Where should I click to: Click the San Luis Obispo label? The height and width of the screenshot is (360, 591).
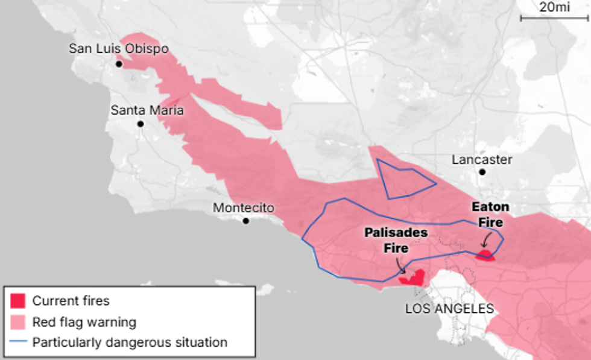119,49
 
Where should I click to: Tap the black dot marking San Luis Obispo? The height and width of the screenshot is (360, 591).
119,63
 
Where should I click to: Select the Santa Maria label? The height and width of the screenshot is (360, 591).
147,110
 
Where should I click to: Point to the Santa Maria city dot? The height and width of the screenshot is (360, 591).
141,124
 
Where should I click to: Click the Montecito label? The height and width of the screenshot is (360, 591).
244,208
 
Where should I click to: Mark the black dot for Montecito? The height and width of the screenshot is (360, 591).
246,221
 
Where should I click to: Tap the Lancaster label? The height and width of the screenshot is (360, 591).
482,160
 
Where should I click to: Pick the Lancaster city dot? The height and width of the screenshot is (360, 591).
482,172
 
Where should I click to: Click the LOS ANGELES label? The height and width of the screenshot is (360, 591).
449,309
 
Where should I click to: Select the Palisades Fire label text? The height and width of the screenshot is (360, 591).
396,240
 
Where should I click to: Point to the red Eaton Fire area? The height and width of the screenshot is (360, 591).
485,256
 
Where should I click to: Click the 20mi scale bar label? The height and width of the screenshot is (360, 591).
554,7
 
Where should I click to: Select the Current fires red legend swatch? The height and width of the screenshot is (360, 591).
18,300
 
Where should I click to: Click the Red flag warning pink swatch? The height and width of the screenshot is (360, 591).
18,321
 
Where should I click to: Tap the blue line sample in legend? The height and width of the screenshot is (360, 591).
18,343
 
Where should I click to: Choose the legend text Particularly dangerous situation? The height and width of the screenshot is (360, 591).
130,343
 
